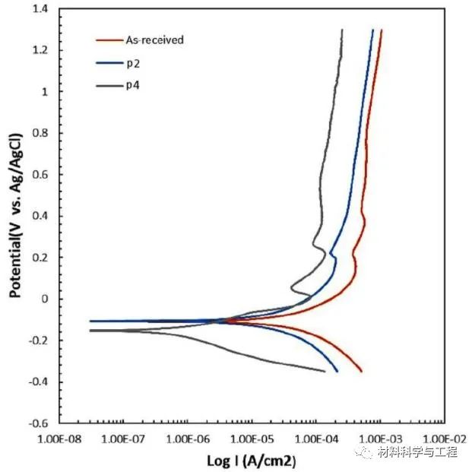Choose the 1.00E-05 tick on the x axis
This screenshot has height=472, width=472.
pyautogui.click(x=250, y=439)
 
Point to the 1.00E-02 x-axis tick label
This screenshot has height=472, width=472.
pyautogui.click(x=442, y=439)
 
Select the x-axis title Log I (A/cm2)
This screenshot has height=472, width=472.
pyautogui.click(x=251, y=461)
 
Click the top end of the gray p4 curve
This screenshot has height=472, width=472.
pyautogui.click(x=342, y=30)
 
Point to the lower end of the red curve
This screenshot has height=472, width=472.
pyautogui.click(x=361, y=371)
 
